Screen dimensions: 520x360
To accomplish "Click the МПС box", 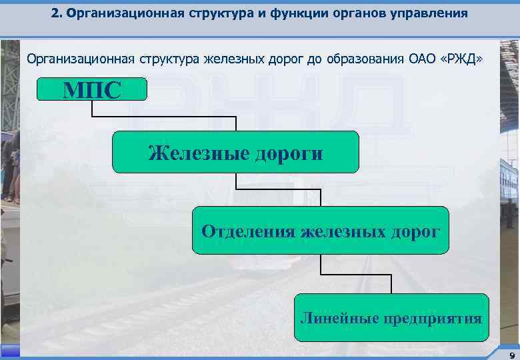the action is coord(91,89).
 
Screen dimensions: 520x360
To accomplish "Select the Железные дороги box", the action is coord(235,153).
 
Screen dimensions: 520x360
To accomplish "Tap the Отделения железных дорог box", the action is coord(321,231).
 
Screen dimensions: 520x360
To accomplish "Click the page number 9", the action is coord(511,355).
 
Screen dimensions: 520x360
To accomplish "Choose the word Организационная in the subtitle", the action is coord(80,59).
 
